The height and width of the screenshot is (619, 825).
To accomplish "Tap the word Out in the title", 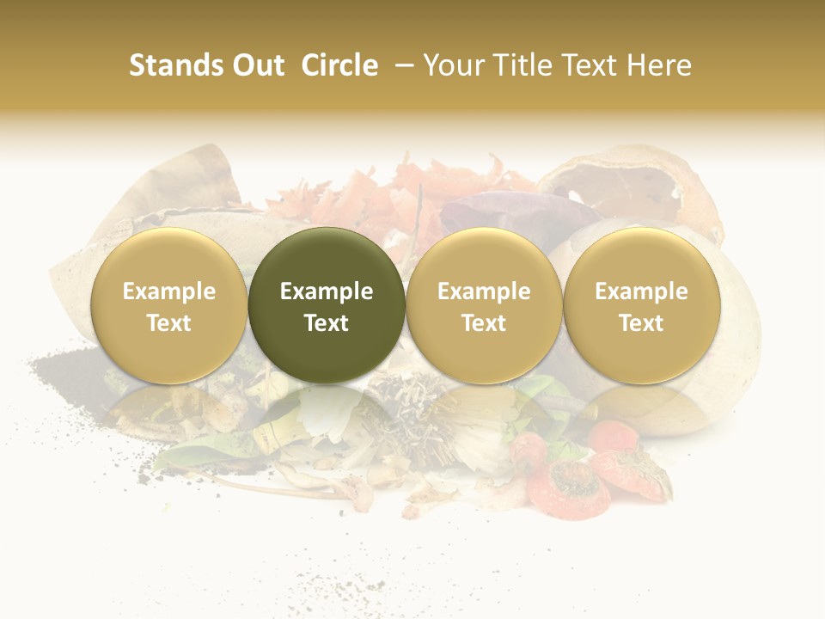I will (256, 65).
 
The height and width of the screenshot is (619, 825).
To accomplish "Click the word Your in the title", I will (451, 65).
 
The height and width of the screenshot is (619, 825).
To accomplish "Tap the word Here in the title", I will (662, 65).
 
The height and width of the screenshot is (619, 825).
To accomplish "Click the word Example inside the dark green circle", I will (327, 291).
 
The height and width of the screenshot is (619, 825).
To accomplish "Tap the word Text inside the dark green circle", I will (327, 323).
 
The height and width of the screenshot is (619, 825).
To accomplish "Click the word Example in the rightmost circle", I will (642, 291).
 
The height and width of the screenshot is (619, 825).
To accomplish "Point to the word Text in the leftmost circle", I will (169, 323).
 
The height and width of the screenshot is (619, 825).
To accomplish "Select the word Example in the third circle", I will (484, 291).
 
